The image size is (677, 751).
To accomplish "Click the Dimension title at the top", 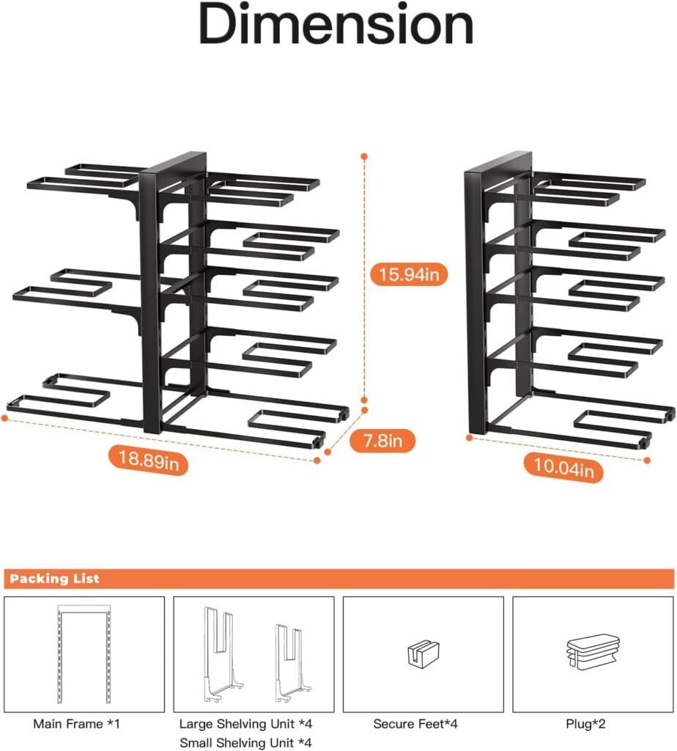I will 336,26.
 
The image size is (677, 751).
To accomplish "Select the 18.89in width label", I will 149,460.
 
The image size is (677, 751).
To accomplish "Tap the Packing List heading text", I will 55,579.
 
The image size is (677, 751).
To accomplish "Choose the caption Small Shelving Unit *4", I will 245,742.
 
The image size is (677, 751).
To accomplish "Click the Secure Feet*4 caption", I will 415,724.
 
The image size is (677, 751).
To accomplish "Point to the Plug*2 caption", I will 591,724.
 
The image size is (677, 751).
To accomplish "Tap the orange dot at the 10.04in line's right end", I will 648,461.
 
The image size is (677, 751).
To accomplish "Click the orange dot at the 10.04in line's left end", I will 470,438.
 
